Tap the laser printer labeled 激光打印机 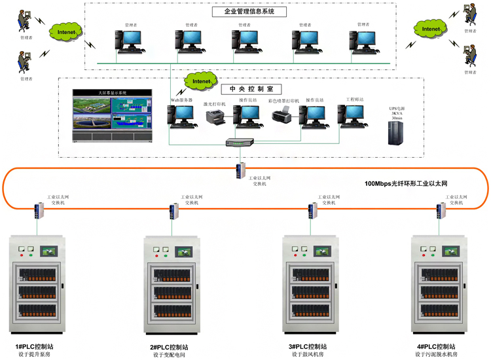[215, 117]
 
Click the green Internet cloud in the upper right [431, 29]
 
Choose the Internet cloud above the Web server [201, 81]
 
